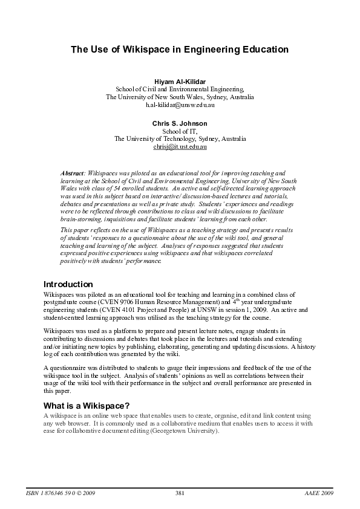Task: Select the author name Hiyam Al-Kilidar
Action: pos(180,80)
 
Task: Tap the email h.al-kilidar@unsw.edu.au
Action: pos(180,105)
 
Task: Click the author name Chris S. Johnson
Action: pos(180,123)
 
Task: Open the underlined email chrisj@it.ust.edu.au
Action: pos(180,147)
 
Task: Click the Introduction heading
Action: pos(68,284)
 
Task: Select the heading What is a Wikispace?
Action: pos(87,405)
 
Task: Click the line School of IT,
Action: pos(180,131)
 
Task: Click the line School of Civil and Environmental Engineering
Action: pos(180,89)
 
